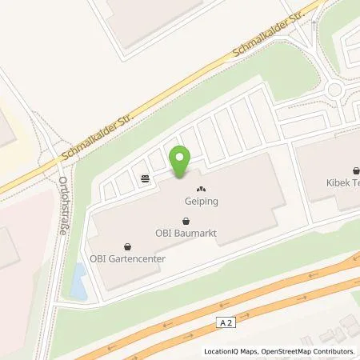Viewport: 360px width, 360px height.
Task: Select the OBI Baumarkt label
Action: click(188, 234)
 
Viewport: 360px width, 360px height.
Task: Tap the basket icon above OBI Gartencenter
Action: click(128, 246)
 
